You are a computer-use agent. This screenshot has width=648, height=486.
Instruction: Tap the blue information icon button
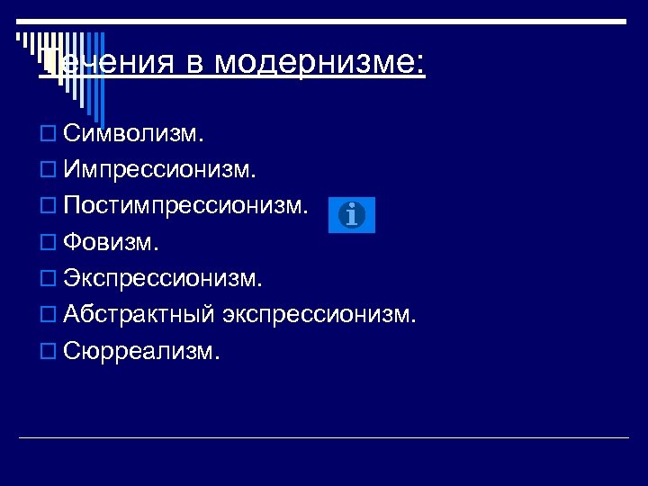[352, 215]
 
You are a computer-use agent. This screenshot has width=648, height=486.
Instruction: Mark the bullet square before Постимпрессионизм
[48, 208]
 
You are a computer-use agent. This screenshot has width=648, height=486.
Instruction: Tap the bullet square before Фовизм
[48, 244]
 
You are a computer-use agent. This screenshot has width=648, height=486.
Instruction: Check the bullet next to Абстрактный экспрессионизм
[48, 315]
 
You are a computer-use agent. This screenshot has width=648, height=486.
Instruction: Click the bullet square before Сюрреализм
[48, 351]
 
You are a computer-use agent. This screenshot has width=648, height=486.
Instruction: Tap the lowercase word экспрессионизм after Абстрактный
[333, 315]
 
